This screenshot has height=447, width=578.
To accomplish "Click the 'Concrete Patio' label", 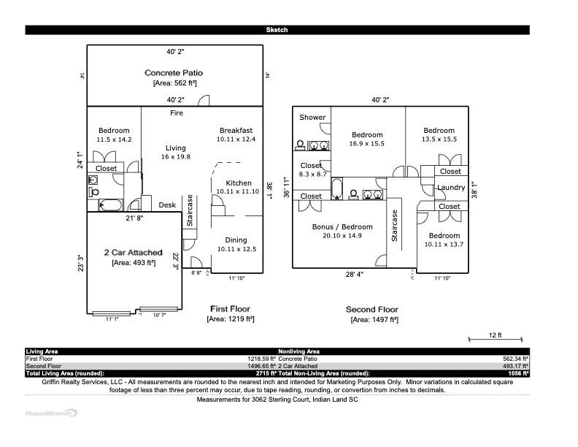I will pos(174,72).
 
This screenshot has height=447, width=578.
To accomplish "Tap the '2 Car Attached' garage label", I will pos(133,252).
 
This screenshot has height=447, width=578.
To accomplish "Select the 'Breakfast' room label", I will pos(236,131).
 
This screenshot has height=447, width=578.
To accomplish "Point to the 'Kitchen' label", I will pos(238,183).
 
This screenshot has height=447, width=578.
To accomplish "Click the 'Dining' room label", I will pos(236,240).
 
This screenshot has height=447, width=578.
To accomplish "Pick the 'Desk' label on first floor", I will pos(167,205).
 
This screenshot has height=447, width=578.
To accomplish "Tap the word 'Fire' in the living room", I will pos(177,113).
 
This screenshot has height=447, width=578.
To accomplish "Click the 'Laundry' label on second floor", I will pos(450,188).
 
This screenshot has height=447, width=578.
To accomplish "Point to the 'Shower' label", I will pos(312,118).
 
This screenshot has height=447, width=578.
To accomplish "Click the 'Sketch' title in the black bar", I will pos(277,30).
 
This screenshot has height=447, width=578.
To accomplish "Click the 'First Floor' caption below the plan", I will pos(230,309).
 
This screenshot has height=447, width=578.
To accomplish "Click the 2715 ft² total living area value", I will pos(262,373).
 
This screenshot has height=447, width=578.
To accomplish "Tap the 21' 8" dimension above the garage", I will pos(134,218).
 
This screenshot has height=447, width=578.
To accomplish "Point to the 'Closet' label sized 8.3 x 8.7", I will pos(311,166).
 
